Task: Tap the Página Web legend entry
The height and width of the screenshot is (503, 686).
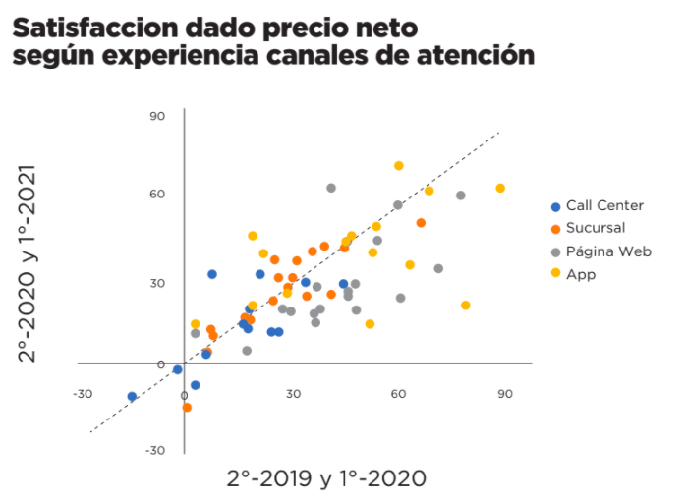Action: pyautogui.click(x=608, y=251)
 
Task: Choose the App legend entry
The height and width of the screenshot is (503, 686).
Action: pyautogui.click(x=580, y=274)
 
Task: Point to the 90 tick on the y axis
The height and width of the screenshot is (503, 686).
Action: pyautogui.click(x=157, y=116)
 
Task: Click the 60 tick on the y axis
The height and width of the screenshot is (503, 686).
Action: pyautogui.click(x=157, y=195)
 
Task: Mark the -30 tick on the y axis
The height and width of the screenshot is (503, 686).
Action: pyautogui.click(x=155, y=451)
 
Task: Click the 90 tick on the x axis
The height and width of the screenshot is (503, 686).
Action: pyautogui.click(x=504, y=394)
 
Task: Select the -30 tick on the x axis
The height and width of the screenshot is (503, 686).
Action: pyautogui.click(x=82, y=394)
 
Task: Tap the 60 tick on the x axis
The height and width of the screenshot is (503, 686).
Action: pyautogui.click(x=398, y=394)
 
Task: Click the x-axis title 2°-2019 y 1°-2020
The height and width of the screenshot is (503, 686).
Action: pyautogui.click(x=326, y=478)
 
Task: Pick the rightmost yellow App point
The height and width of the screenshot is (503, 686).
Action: pyautogui.click(x=500, y=188)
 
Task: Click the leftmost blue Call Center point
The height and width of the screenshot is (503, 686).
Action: pyautogui.click(x=132, y=397)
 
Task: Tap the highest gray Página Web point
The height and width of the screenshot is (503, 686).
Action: pyautogui.click(x=331, y=188)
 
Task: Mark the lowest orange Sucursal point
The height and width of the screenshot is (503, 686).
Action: pyautogui.click(x=187, y=408)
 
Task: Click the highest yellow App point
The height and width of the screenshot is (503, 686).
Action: pyautogui.click(x=399, y=166)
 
